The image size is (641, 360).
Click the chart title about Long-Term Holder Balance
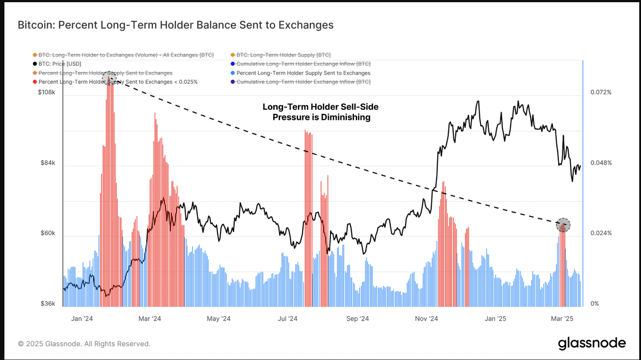click(x=175, y=25)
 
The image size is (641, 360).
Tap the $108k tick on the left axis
click(x=47, y=92)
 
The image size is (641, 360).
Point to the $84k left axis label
click(x=48, y=163)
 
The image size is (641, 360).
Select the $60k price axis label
click(x=48, y=233)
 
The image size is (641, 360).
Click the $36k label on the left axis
click(x=48, y=304)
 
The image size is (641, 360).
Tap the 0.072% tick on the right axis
click(x=601, y=92)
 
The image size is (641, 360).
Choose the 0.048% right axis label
click(x=601, y=163)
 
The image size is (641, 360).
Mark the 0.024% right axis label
click(x=601, y=233)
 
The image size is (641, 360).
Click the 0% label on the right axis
click(x=595, y=304)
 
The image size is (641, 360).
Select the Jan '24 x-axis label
click(x=82, y=319)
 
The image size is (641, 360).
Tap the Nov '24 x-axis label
click(x=427, y=319)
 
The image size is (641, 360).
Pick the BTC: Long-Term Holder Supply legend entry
click(x=283, y=55)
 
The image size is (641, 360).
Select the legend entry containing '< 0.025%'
click(x=118, y=82)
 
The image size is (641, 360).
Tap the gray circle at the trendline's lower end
click(x=563, y=225)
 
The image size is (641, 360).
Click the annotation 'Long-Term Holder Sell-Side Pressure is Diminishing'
click(x=320, y=112)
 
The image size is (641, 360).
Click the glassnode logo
click(x=592, y=343)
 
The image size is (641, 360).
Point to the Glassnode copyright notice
click(x=84, y=344)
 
